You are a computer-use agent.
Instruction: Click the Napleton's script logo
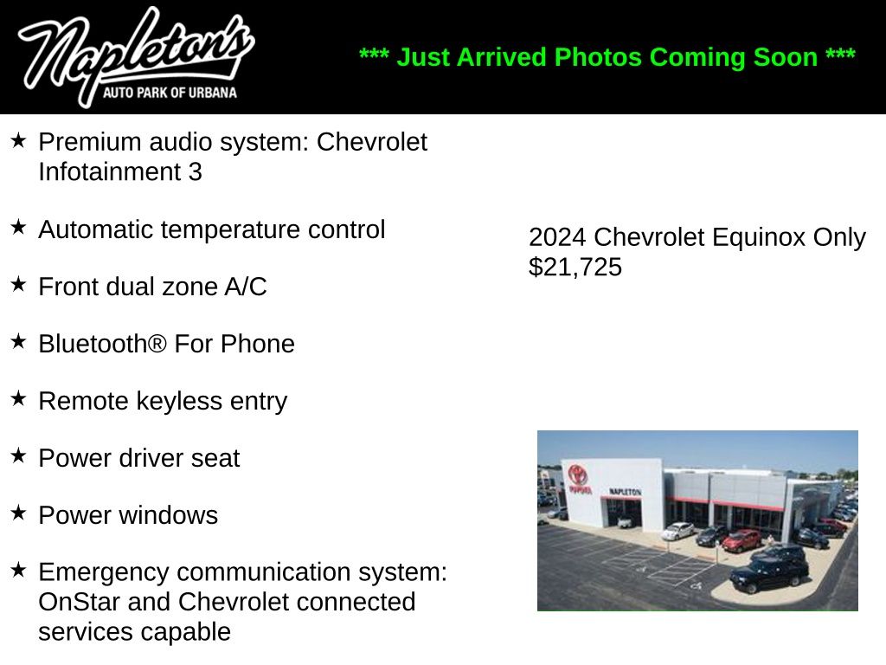click(x=136, y=56)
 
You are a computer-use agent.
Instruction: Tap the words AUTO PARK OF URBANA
click(x=170, y=93)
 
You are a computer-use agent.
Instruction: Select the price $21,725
click(x=575, y=267)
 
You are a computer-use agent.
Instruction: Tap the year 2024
click(x=557, y=237)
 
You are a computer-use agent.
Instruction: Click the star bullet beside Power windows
click(x=19, y=513)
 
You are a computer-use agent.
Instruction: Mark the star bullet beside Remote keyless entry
click(x=19, y=398)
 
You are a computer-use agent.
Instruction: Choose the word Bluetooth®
click(x=103, y=344)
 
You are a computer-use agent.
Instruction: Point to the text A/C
click(x=246, y=287)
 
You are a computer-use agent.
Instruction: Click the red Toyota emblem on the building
click(x=578, y=474)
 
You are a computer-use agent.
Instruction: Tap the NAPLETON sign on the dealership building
click(x=625, y=492)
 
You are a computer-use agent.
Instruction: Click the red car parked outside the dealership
click(x=742, y=540)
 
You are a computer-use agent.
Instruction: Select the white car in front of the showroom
click(x=677, y=531)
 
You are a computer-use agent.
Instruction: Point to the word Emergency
click(x=104, y=573)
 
